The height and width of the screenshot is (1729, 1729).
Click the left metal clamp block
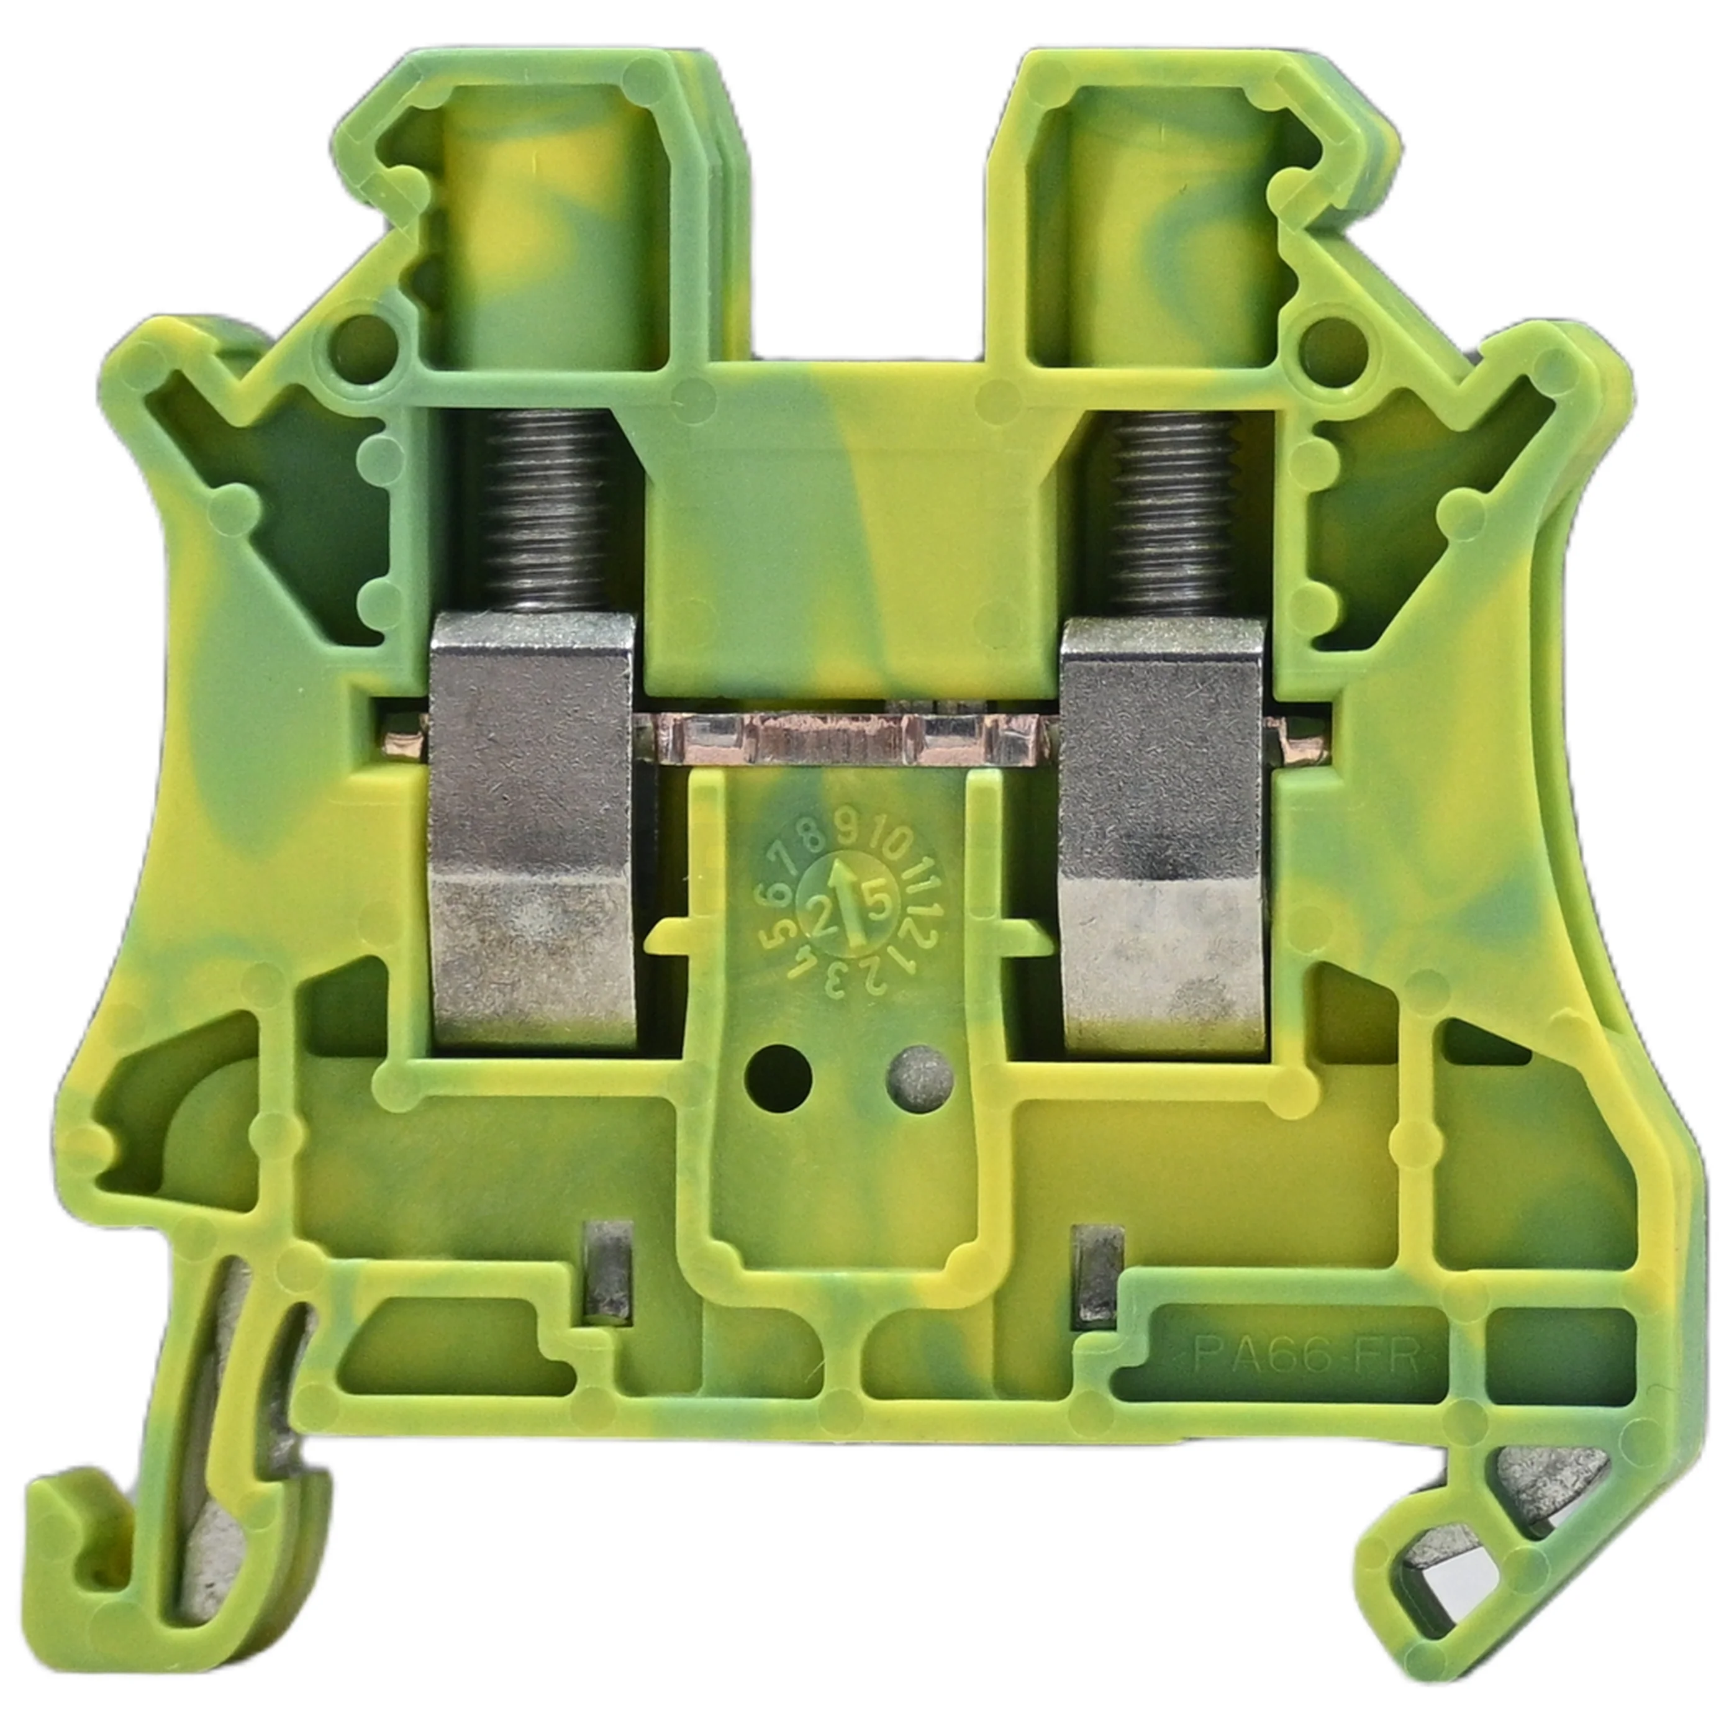click(x=533, y=832)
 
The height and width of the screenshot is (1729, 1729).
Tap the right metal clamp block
click(x=1163, y=832)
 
